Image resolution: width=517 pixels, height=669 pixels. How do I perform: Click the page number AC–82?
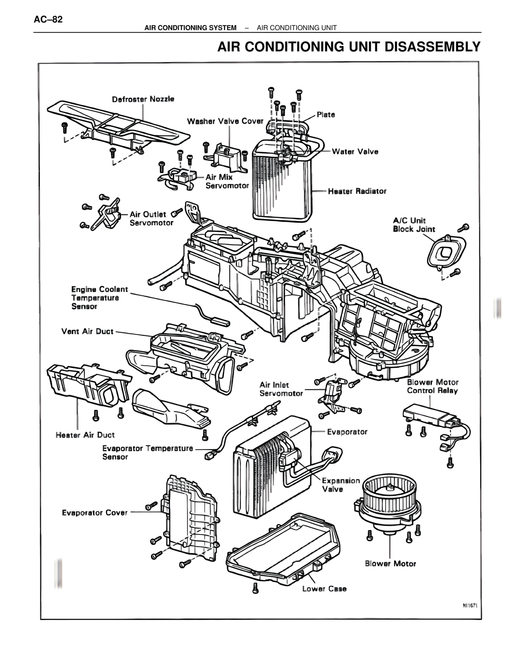tap(48, 19)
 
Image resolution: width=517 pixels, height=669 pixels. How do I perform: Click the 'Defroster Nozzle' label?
tap(143, 99)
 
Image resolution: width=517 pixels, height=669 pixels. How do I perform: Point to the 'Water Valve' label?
tap(355, 151)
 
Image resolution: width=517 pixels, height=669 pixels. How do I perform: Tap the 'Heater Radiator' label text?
tap(357, 191)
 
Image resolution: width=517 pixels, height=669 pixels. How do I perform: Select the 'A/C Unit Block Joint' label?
tap(414, 225)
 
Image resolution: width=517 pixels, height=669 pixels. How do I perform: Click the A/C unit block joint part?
tap(446, 252)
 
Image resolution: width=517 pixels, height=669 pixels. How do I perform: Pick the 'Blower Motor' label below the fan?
tap(390, 564)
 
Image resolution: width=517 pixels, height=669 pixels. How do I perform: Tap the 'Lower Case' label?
tap(324, 589)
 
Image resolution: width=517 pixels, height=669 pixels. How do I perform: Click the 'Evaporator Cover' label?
tap(95, 513)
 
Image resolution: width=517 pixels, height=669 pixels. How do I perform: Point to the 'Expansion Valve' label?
tap(340, 485)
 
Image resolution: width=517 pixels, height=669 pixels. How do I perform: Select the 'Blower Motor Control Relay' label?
tap(433, 386)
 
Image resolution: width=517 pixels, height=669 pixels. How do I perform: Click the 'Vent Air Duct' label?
tap(87, 331)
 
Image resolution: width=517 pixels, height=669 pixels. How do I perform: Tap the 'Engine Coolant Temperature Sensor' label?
tap(99, 298)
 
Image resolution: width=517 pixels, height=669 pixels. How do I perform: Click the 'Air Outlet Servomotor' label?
tap(151, 219)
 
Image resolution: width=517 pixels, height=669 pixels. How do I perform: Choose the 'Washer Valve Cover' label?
tap(225, 121)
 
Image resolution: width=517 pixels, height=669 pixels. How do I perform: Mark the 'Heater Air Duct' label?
tap(85, 435)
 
